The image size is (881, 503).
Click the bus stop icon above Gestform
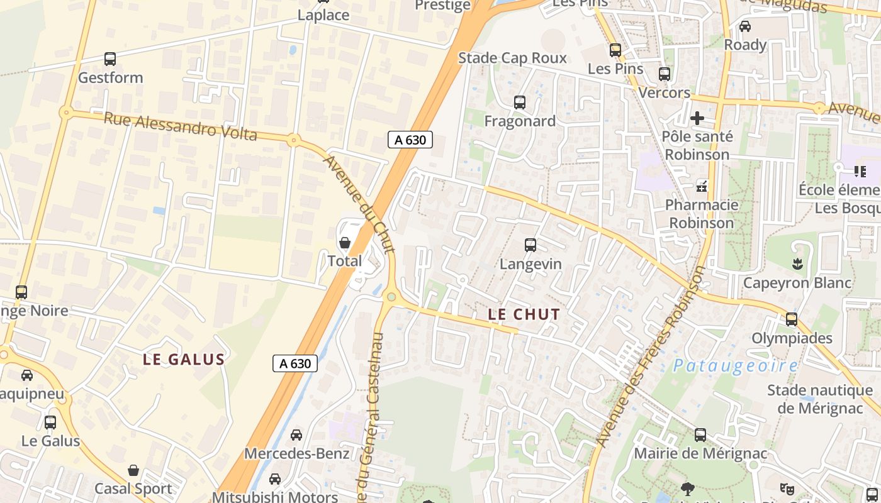[110, 59]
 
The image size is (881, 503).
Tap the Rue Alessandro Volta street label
[180, 126]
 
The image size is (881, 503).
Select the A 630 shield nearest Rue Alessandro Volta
[410, 140]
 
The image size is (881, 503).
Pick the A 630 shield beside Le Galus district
[295, 363]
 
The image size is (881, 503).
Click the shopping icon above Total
[345, 243]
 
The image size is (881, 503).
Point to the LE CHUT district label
[524, 314]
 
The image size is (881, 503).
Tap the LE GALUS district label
[183, 360]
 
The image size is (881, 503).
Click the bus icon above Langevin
[530, 245]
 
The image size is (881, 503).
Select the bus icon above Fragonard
[520, 102]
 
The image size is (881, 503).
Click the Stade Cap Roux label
[512, 58]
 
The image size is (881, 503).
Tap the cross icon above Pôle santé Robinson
[697, 118]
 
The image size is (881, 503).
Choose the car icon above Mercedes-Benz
[296, 435]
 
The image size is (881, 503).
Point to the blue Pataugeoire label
[735, 365]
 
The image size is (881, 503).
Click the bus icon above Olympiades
[792, 319]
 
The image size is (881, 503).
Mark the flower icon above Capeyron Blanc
[798, 264]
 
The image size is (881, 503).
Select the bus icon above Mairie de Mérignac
[700, 435]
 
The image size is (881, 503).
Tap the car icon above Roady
[745, 26]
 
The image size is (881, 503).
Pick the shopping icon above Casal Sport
[133, 470]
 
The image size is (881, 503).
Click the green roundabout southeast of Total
[391, 297]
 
